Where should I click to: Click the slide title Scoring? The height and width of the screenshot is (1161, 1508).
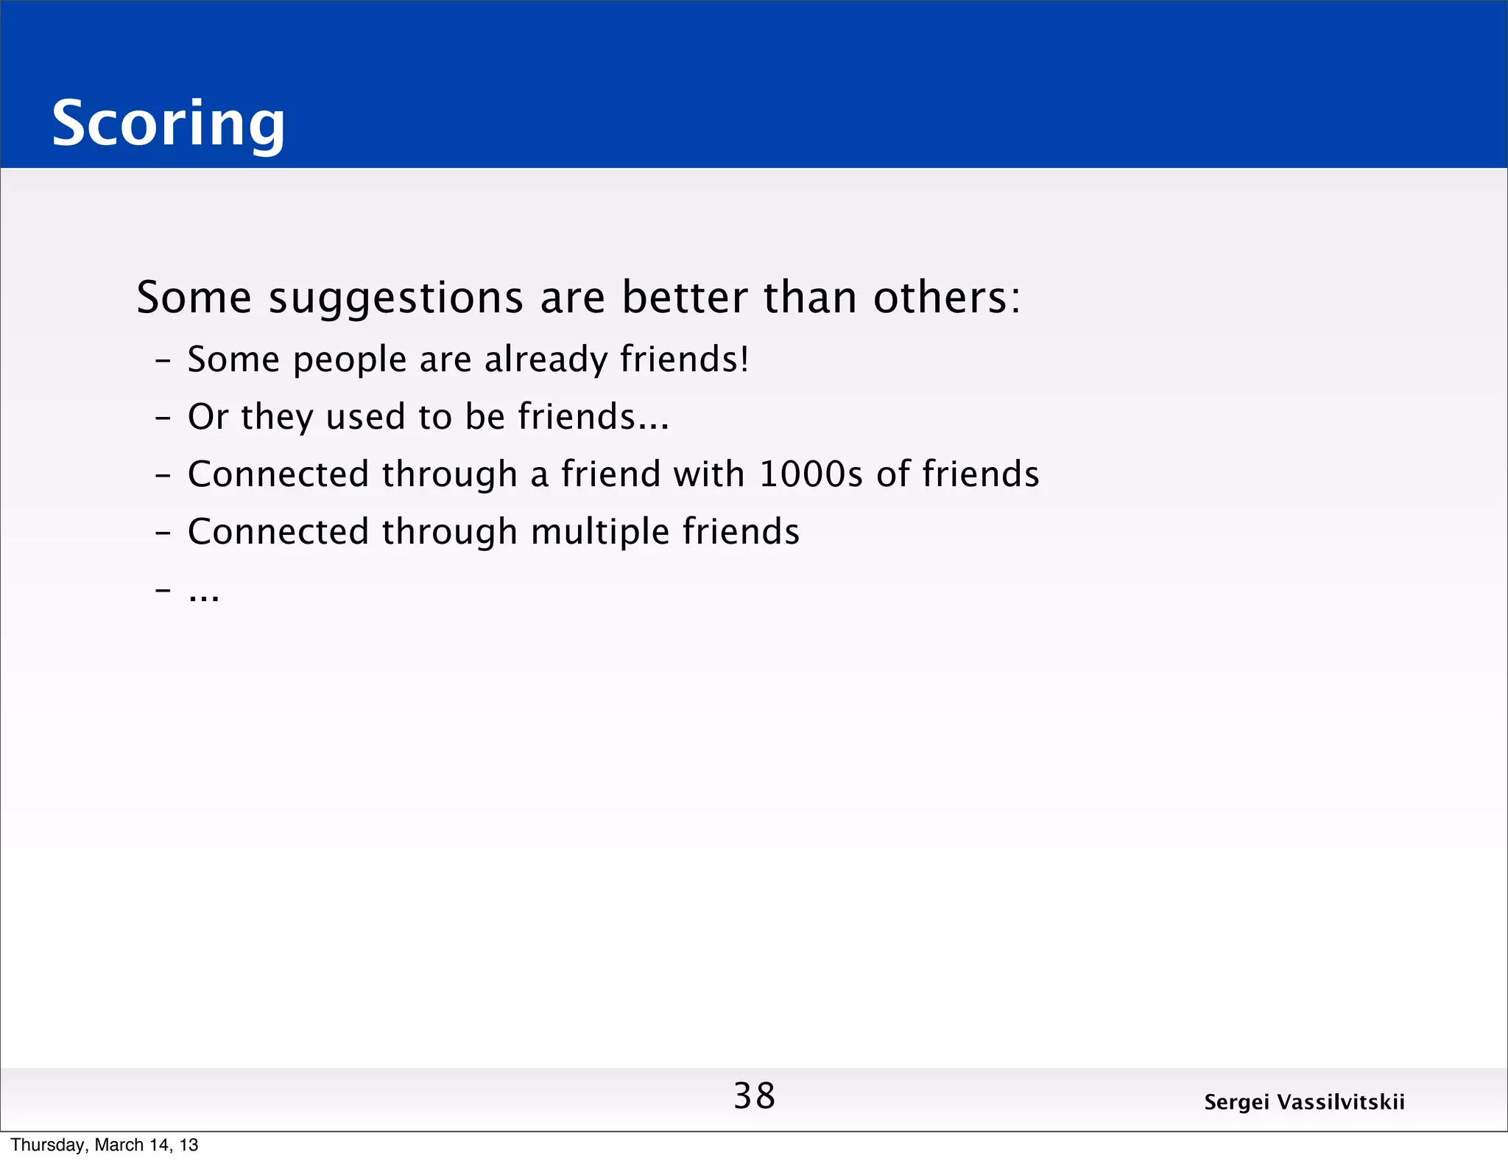coord(168,124)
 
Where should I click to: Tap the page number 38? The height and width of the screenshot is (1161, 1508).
coord(754,1096)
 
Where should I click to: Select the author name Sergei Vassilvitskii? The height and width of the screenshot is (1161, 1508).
coord(1304,1102)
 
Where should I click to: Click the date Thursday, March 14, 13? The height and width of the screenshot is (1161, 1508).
coord(104,1145)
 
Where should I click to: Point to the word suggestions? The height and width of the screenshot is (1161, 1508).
coord(395,298)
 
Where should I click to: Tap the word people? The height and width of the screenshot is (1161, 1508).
coord(350,361)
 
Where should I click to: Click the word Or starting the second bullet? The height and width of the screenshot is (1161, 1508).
coord(208,417)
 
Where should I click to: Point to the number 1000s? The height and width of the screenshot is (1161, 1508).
coord(810,474)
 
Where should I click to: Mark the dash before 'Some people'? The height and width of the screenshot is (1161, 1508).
coord(163,361)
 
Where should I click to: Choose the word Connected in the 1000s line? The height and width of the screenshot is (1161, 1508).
coord(278,474)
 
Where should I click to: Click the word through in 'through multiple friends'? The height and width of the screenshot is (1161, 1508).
coord(449,532)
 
